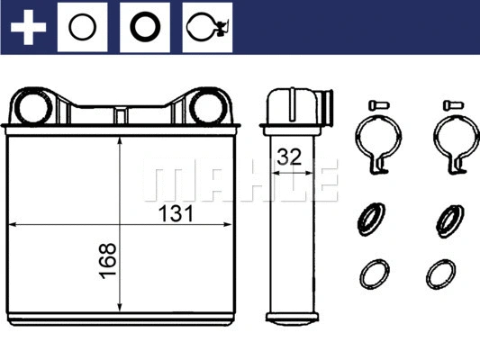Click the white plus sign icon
[x=29, y=28]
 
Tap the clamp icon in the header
[x=205, y=28]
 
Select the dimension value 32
[x=290, y=156]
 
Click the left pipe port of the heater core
[x=34, y=107]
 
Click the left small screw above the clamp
[x=374, y=104]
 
